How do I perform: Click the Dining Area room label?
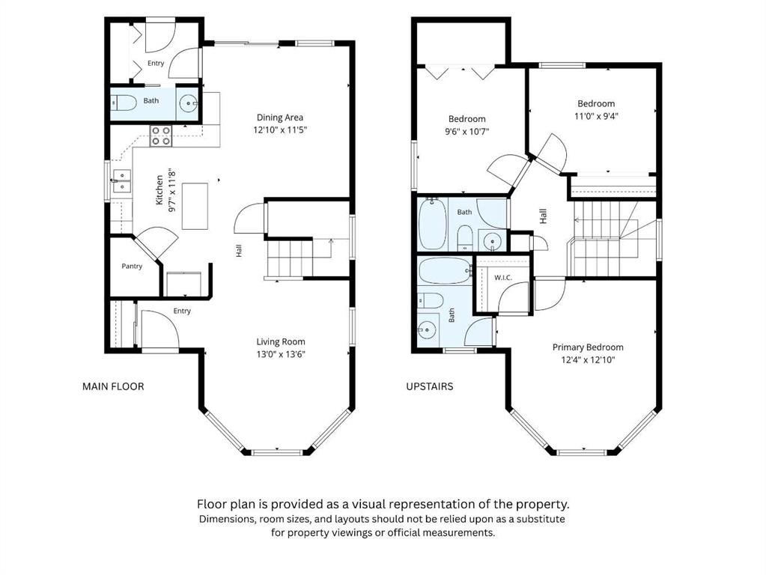click(x=280, y=118)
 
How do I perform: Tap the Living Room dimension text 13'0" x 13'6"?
click(x=281, y=354)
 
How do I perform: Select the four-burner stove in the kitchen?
click(x=161, y=136)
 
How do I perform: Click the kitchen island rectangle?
click(x=195, y=206)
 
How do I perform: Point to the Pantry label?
click(x=132, y=267)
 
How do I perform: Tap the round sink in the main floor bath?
click(x=188, y=103)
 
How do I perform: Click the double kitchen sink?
click(x=121, y=181)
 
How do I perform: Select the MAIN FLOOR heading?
click(x=113, y=386)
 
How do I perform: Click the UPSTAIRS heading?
click(x=429, y=386)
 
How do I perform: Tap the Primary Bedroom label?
click(x=588, y=347)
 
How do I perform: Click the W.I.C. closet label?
click(x=502, y=278)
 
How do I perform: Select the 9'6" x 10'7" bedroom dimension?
click(x=467, y=132)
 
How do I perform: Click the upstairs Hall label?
click(x=543, y=216)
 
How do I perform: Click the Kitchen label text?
click(x=159, y=190)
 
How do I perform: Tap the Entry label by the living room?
click(x=182, y=311)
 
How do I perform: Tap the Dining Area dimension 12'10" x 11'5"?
click(x=280, y=130)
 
